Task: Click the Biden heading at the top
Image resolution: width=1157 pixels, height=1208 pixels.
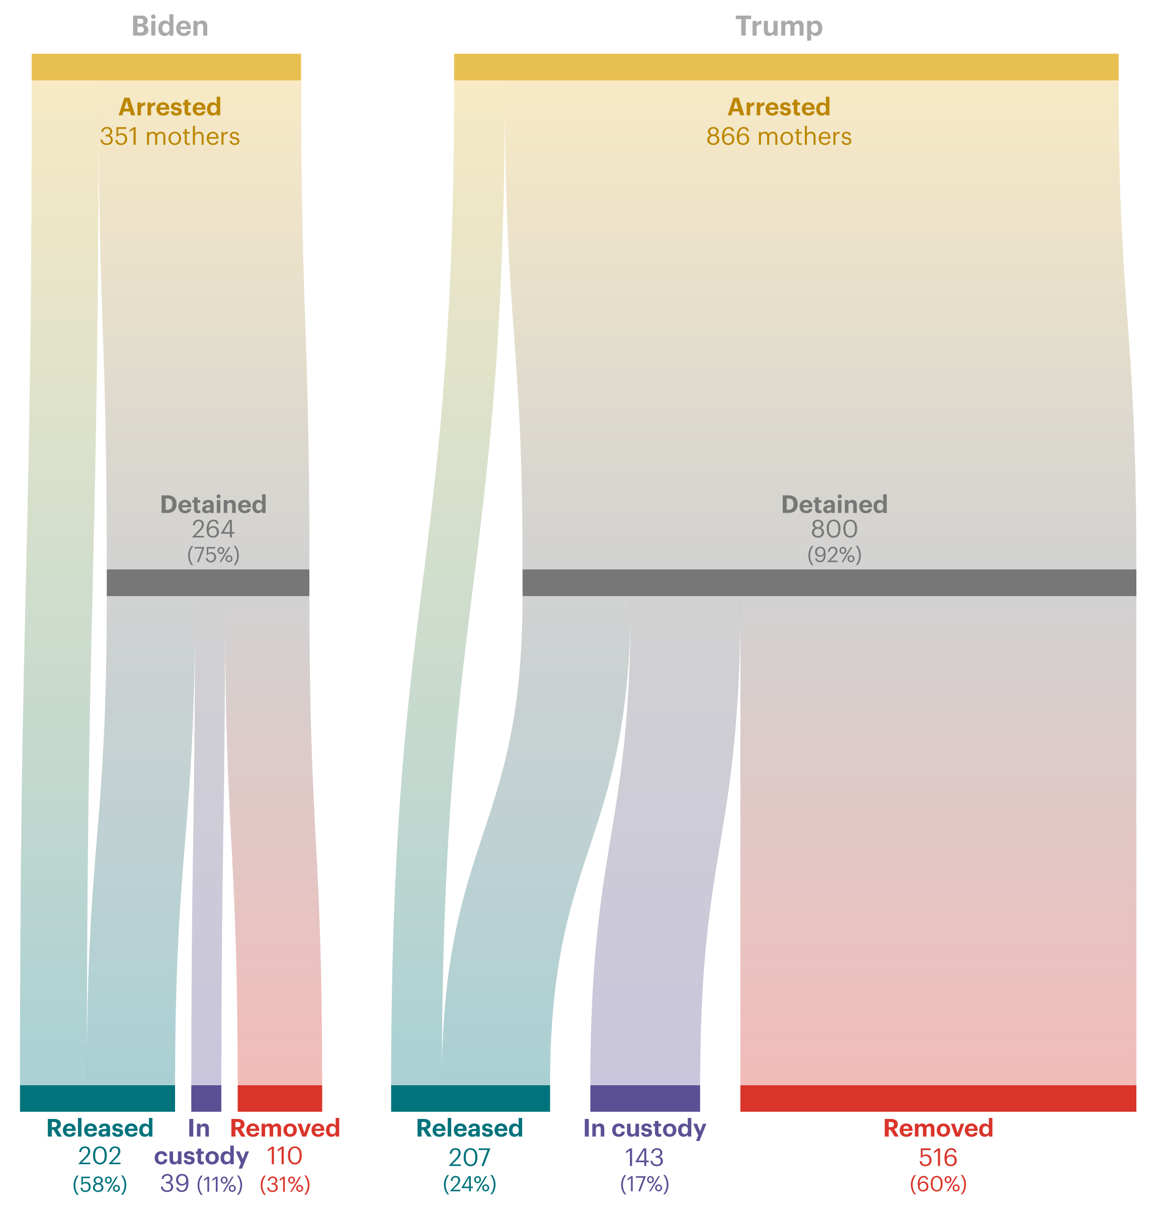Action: tap(170, 27)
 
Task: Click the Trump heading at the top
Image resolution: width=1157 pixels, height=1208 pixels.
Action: tap(779, 27)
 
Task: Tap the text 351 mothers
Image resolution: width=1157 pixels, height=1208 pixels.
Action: tap(170, 136)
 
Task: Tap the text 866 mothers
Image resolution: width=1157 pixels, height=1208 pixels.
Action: tap(779, 136)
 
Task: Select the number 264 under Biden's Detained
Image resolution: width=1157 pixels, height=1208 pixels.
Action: tap(213, 529)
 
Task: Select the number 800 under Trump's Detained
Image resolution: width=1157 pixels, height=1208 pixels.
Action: tap(834, 529)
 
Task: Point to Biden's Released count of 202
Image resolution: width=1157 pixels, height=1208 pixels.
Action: tap(100, 1156)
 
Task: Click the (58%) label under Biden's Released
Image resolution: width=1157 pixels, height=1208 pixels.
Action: tap(100, 1184)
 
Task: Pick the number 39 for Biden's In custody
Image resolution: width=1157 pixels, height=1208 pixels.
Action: tap(175, 1183)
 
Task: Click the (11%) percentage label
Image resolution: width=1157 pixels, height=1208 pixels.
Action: tap(220, 1184)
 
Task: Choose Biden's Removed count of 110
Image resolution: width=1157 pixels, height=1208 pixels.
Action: tap(285, 1156)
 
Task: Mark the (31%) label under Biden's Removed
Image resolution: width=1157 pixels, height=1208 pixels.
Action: tap(285, 1184)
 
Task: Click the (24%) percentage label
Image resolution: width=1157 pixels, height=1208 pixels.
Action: tap(469, 1184)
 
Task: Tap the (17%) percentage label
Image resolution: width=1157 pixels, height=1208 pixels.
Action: tap(644, 1184)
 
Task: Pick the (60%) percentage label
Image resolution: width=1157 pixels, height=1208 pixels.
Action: tap(938, 1184)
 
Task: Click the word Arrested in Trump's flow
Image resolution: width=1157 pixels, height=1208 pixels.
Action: tap(779, 107)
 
